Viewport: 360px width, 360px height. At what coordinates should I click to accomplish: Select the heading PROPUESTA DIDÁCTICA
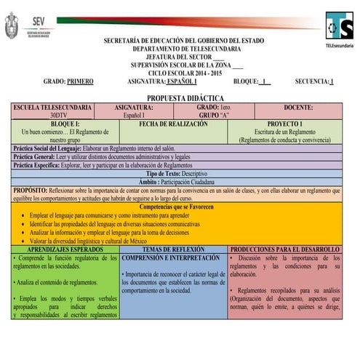185,97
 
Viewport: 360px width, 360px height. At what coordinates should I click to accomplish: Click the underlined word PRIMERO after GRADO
80,81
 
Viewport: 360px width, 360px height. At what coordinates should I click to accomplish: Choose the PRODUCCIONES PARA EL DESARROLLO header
284,249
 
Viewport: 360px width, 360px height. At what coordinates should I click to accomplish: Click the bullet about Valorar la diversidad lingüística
88,241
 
